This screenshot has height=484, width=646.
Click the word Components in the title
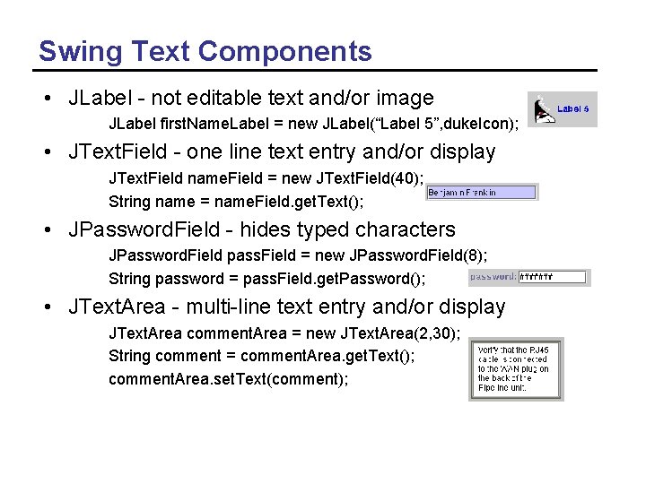pos(285,52)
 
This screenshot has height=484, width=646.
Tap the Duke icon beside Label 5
pos(542,110)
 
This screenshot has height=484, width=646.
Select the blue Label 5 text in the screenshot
pos(573,108)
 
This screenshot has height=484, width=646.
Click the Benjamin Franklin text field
pos(482,192)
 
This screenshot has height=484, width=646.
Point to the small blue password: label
pos(493,277)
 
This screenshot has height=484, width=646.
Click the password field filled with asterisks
pos(554,277)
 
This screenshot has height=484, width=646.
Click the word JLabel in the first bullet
pos(97,99)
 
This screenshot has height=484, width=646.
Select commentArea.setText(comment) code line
pos(228,378)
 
